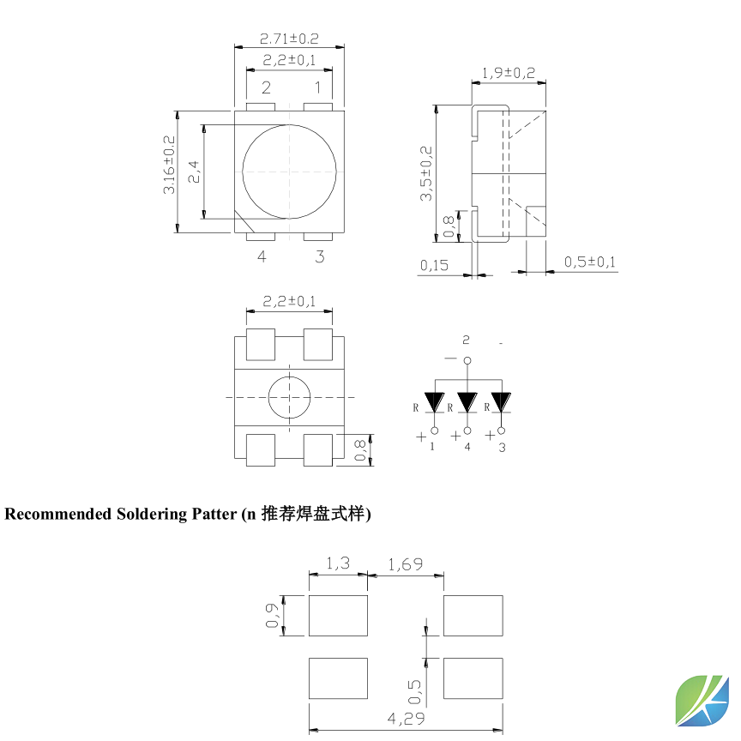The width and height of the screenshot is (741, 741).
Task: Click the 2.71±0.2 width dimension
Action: tap(289, 39)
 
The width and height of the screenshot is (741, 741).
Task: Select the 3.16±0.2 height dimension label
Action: tap(169, 165)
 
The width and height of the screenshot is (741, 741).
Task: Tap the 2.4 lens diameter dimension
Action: tap(194, 172)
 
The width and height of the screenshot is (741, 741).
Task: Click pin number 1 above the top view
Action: tap(317, 87)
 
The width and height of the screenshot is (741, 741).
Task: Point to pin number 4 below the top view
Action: tap(262, 256)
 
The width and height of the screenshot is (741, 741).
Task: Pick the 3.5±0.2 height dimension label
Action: tap(426, 174)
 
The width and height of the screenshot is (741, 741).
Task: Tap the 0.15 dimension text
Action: tap(434, 265)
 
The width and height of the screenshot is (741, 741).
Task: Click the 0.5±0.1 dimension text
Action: tap(589, 262)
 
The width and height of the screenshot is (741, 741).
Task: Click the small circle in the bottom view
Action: tap(290, 397)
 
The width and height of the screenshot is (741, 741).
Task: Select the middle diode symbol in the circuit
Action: tap(467, 401)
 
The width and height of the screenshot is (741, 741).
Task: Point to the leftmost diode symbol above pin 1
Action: tap(435, 401)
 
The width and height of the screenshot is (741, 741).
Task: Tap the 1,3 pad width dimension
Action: tap(338, 563)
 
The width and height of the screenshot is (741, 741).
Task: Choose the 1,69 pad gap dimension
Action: tap(405, 563)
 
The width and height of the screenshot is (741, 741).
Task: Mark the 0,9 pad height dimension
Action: tap(272, 615)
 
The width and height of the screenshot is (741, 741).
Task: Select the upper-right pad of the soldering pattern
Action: tap(473, 616)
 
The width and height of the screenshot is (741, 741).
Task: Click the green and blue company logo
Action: tap(702, 700)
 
